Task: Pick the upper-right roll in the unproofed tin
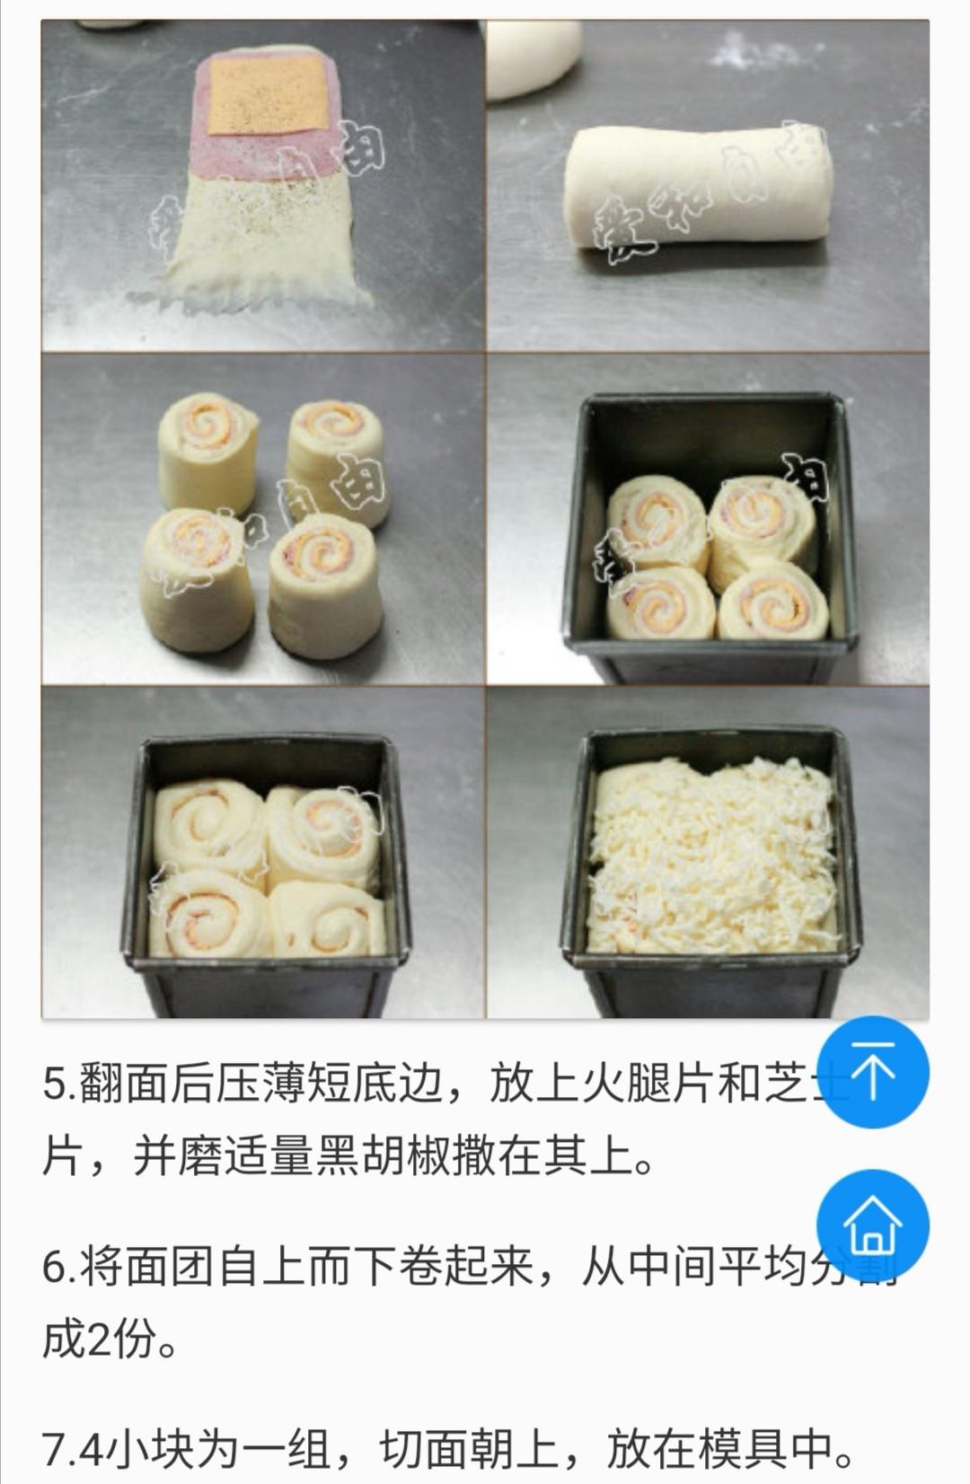click(763, 521)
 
